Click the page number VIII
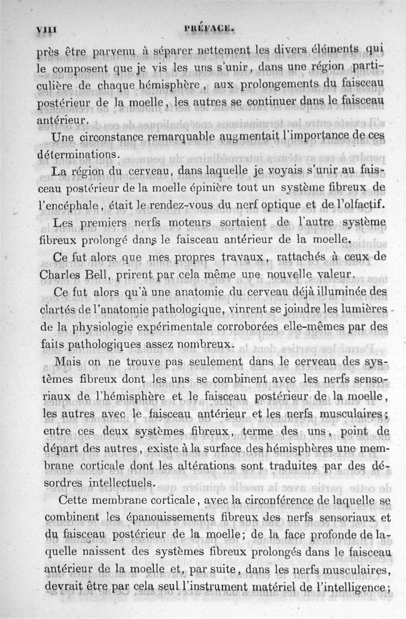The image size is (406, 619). click(x=45, y=29)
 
